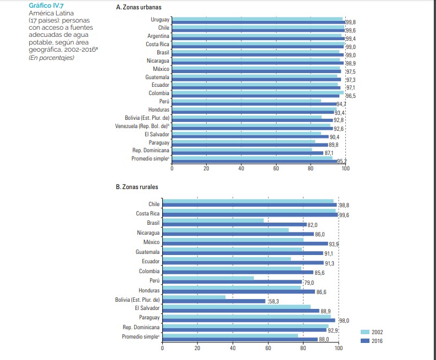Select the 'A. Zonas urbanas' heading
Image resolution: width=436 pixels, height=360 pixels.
[x=139, y=8]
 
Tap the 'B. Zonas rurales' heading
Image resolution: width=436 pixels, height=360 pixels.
[x=137, y=187]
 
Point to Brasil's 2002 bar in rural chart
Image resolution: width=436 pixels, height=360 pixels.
[x=213, y=221]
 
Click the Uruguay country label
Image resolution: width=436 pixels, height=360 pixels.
[x=159, y=20]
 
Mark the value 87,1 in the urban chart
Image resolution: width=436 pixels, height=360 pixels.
[x=329, y=153]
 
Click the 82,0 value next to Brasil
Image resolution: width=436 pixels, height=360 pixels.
[x=313, y=225]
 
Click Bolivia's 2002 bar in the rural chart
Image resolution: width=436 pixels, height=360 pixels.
[x=194, y=297]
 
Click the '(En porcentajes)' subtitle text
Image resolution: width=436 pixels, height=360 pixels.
[x=51, y=58]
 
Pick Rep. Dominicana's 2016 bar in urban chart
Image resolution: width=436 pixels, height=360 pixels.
[x=247, y=153]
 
